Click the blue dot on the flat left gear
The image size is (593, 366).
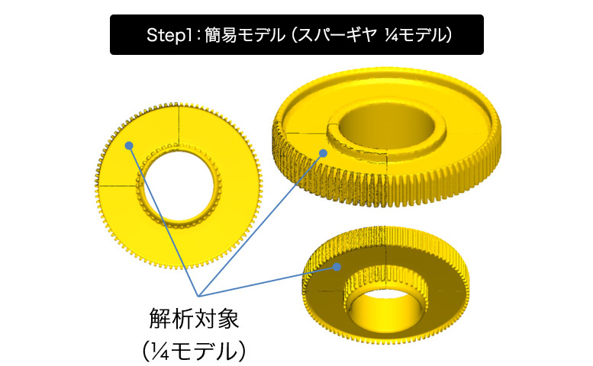click(130, 144)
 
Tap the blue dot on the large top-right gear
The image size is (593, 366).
click(324, 153)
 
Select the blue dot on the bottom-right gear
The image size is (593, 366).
click(336, 267)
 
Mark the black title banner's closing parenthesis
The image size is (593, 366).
click(450, 35)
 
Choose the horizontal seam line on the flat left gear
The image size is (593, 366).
click(118, 185)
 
